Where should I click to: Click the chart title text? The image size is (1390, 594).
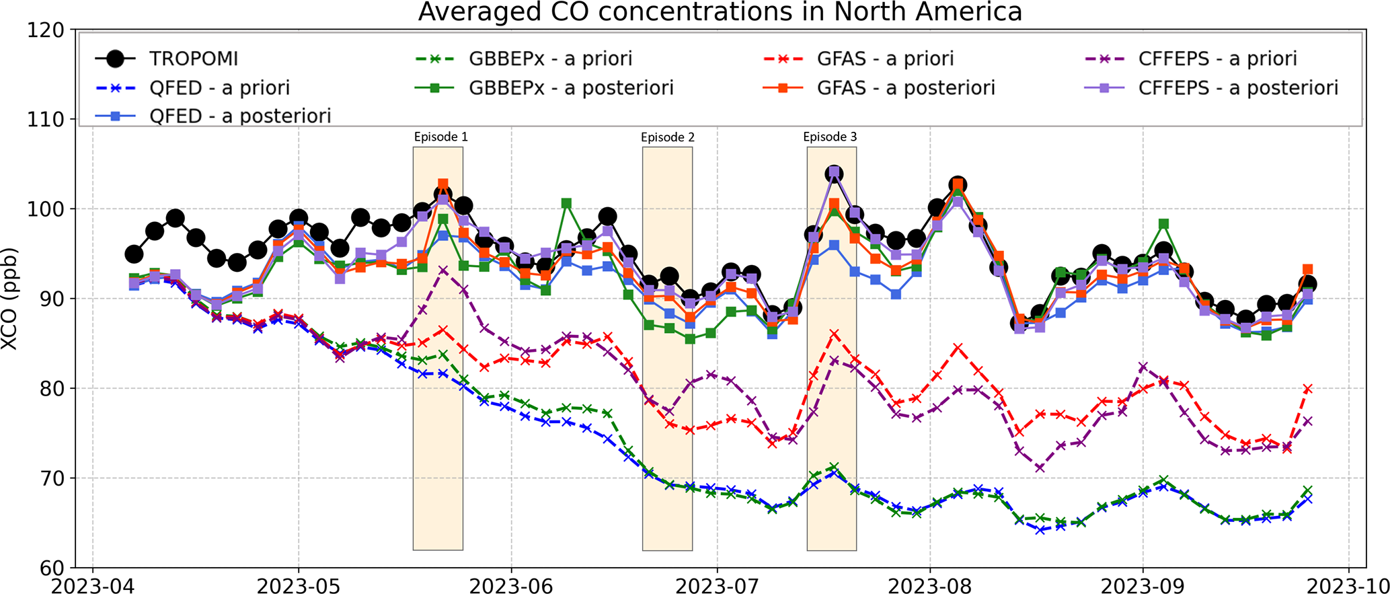(x=720, y=12)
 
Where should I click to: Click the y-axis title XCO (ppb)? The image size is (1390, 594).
(x=9, y=299)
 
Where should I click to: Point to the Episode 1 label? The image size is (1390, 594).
(x=440, y=137)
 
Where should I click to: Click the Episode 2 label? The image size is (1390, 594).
(x=667, y=137)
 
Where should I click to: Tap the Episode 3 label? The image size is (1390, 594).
(x=830, y=137)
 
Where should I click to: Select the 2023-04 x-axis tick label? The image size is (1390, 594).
(x=92, y=586)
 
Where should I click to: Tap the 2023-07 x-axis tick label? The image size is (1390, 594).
(x=717, y=586)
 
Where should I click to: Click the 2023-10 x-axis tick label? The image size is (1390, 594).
(x=1348, y=586)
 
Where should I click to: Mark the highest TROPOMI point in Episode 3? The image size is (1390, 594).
(x=834, y=174)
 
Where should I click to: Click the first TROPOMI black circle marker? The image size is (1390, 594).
(x=134, y=254)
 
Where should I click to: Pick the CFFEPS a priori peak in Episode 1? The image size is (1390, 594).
(x=442, y=271)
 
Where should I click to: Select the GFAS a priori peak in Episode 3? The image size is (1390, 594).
(x=834, y=334)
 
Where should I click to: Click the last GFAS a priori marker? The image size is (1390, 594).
(x=1308, y=389)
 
